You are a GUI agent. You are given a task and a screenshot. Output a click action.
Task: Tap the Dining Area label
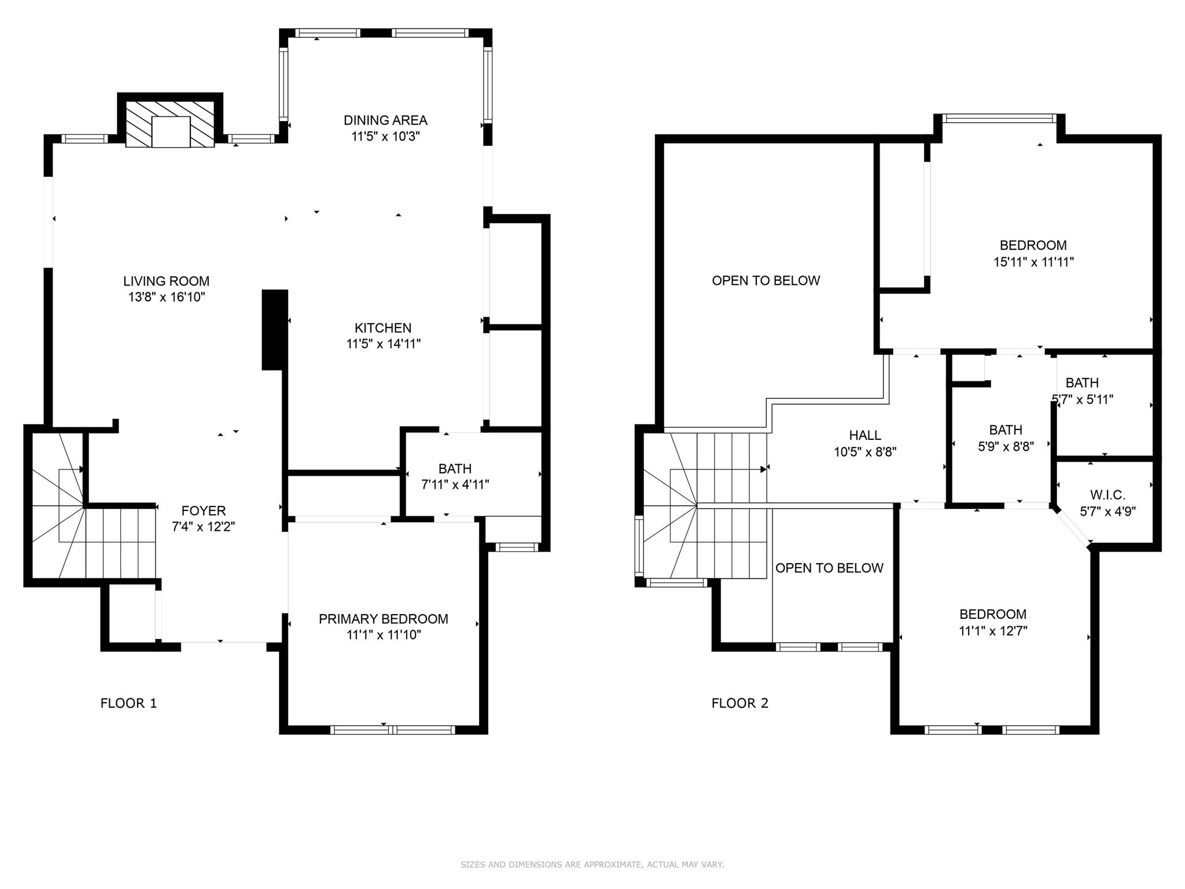(385, 120)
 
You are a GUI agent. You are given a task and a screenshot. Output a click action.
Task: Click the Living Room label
(166, 281)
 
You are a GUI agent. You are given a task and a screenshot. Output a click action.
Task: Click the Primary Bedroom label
(383, 619)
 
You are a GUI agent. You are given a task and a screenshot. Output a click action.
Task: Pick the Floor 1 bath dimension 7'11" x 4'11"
(455, 485)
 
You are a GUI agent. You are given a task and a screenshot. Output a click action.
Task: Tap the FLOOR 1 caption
(128, 703)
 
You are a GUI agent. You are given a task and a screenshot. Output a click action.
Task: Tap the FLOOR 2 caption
(739, 703)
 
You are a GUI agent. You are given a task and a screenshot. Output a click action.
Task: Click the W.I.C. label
(1107, 495)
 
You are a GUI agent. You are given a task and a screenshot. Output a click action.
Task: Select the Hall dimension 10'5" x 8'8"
(865, 452)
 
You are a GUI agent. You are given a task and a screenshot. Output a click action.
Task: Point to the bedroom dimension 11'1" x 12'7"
(993, 631)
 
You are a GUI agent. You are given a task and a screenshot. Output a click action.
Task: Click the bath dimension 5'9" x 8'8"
(1005, 446)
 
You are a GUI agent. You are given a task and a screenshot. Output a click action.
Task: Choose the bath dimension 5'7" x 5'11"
(1082, 399)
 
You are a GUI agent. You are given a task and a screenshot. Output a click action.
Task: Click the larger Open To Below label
(766, 281)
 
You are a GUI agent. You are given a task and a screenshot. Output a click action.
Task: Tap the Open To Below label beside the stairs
(829, 568)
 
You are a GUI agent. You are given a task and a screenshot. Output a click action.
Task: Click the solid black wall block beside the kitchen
(275, 329)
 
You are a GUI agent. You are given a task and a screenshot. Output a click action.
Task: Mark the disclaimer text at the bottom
(592, 865)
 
